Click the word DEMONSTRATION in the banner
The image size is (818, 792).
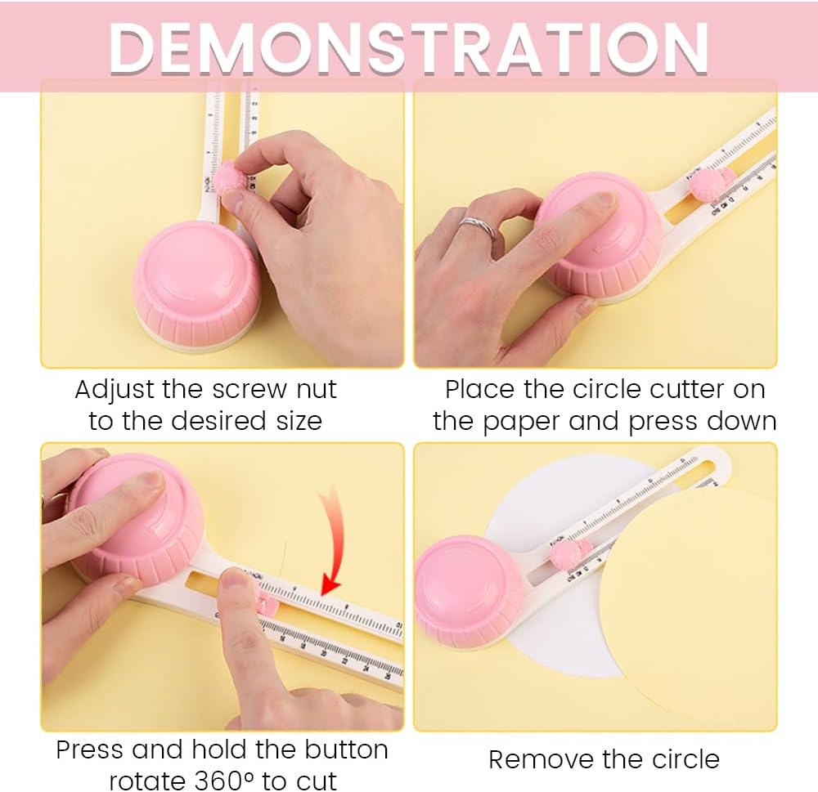coord(408,48)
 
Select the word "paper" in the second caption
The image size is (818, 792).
coord(520,423)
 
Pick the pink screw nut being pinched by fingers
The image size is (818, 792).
coord(229,179)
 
